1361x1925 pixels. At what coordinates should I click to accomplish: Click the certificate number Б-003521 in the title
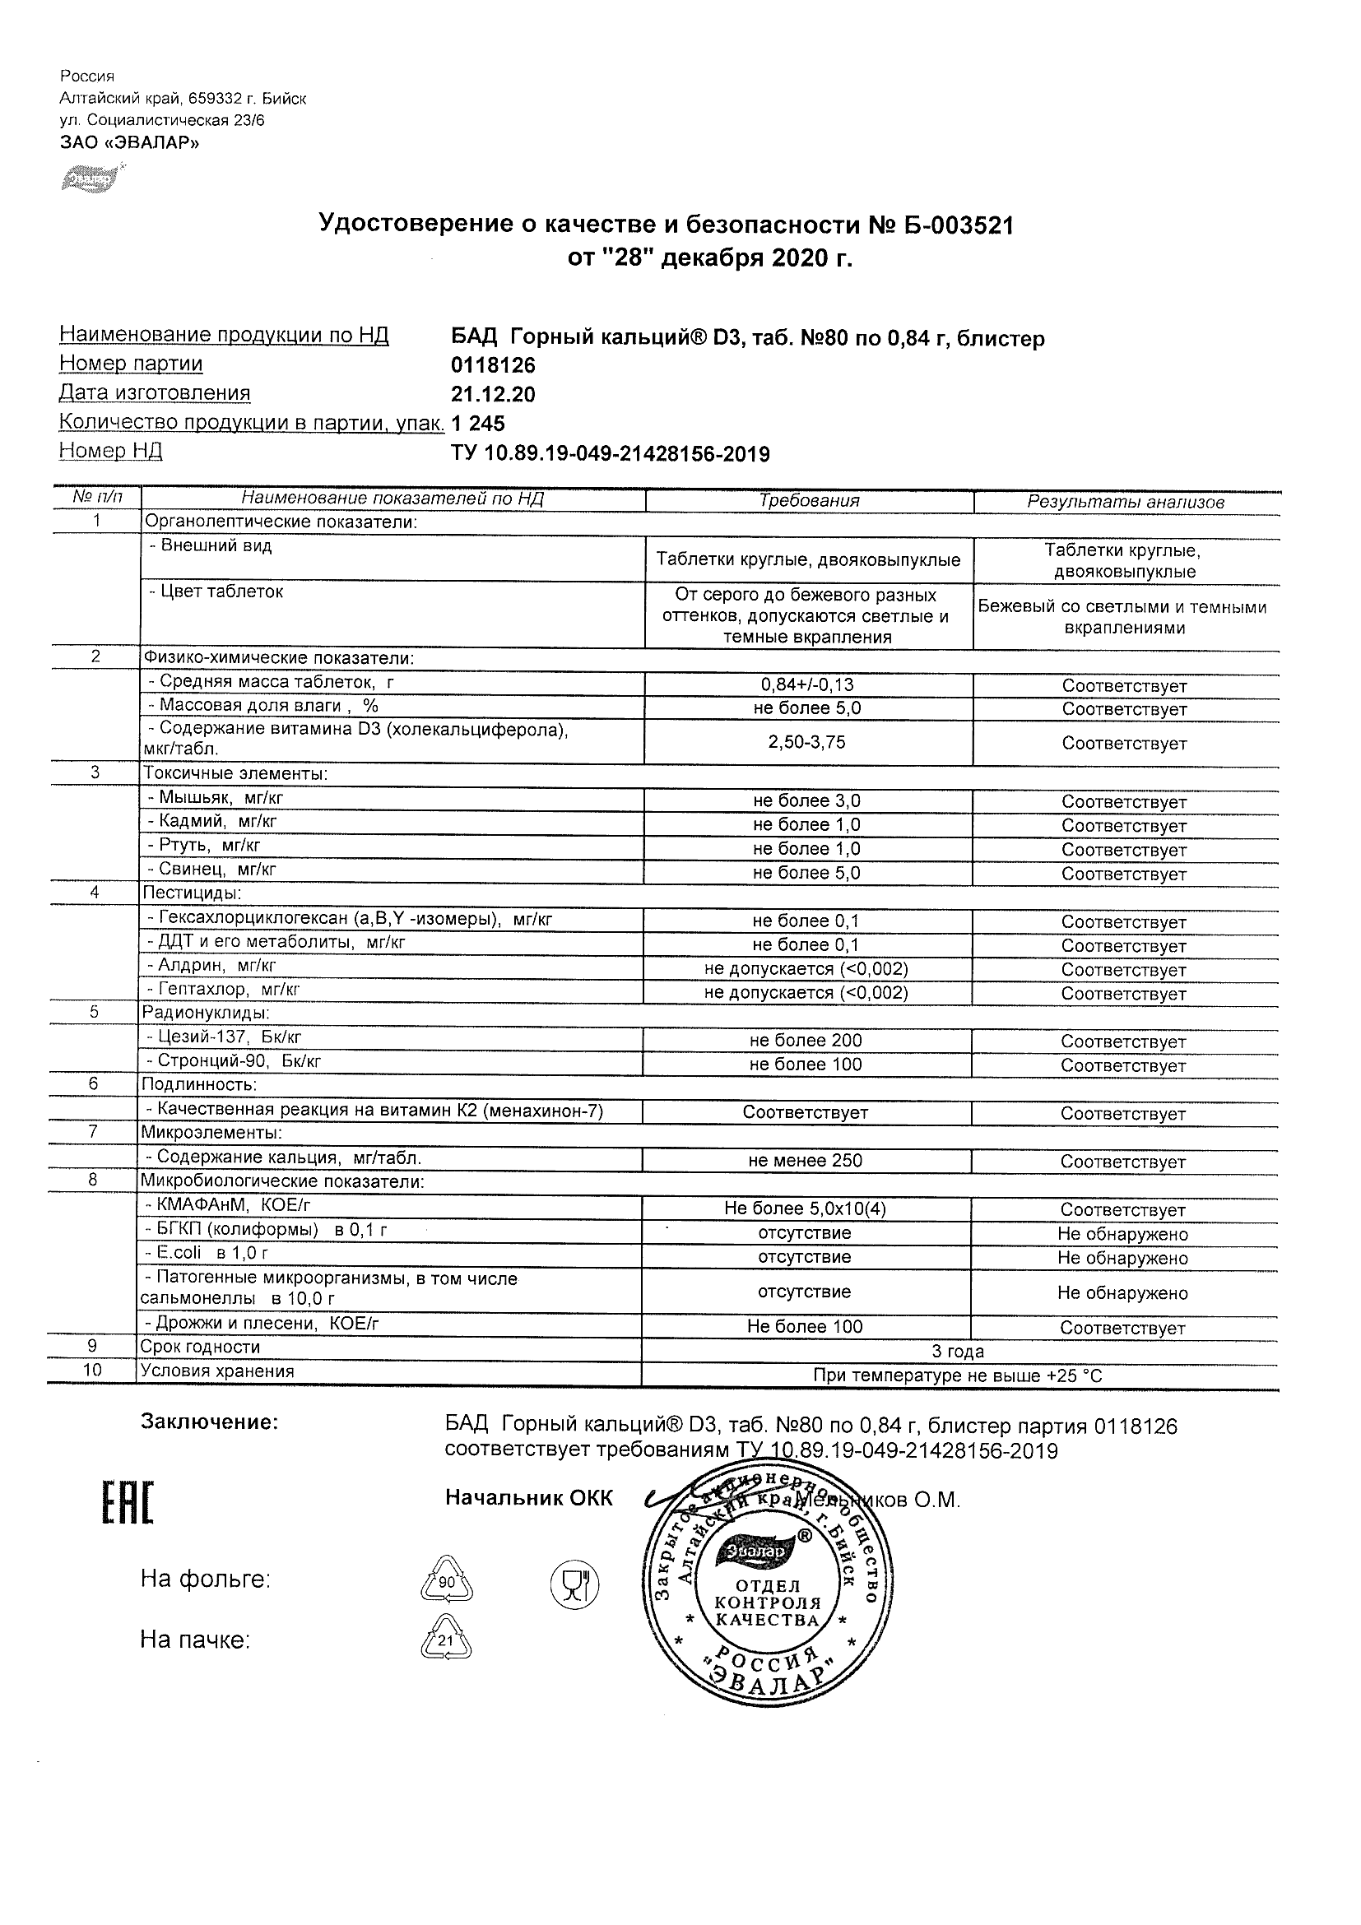pyautogui.click(x=958, y=225)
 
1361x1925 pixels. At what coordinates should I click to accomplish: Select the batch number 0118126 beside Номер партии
pyautogui.click(x=493, y=365)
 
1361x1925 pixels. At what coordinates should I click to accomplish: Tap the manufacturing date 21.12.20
pyautogui.click(x=493, y=395)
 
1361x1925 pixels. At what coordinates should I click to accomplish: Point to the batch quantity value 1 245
pyautogui.click(x=478, y=424)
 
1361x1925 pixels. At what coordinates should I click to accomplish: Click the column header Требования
pyautogui.click(x=808, y=501)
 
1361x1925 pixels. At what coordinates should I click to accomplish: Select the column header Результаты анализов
pyautogui.click(x=1126, y=502)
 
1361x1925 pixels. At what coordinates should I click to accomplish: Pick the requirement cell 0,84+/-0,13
pyautogui.click(x=806, y=685)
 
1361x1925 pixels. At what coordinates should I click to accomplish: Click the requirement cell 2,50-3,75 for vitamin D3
pyautogui.click(x=806, y=742)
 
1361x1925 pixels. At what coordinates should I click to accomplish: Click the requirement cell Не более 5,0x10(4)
pyautogui.click(x=805, y=1209)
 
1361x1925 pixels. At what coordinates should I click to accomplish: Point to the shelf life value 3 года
pyautogui.click(x=958, y=1352)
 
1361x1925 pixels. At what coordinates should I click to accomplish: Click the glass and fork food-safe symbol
pyautogui.click(x=574, y=1584)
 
